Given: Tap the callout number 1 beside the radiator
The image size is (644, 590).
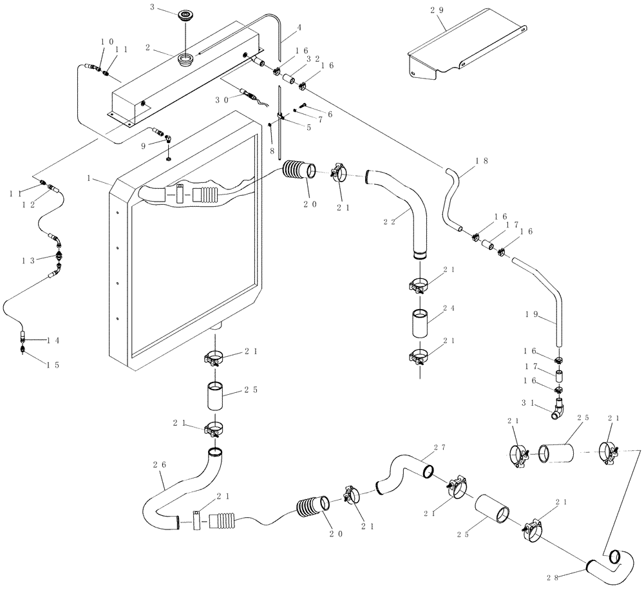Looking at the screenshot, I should [89, 176].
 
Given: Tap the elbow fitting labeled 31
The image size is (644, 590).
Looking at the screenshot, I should [559, 410].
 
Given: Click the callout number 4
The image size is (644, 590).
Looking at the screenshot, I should [299, 28].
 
